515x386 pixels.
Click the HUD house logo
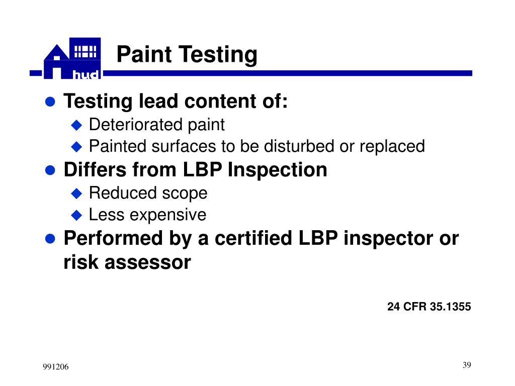click(x=72, y=59)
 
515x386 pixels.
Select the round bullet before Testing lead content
click(x=50, y=103)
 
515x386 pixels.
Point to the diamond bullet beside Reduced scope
click(x=76, y=193)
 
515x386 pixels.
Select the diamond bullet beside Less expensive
click(x=76, y=215)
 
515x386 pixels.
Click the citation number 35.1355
click(x=451, y=307)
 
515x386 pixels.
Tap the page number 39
click(x=466, y=365)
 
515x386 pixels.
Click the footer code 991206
click(x=55, y=368)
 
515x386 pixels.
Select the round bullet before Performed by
click(x=50, y=239)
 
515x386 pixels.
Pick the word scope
click(x=185, y=193)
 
